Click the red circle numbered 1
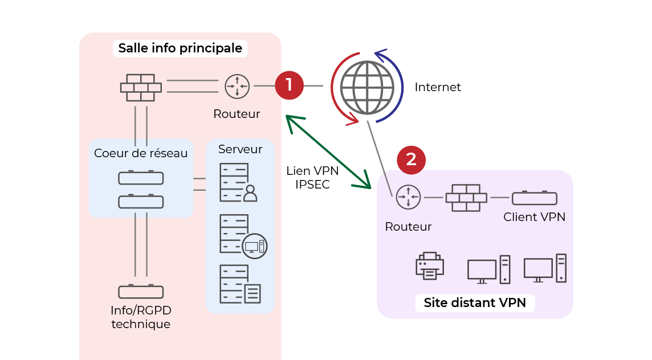(x=289, y=85)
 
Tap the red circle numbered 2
(x=411, y=160)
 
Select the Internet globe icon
(x=367, y=87)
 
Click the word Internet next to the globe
(x=437, y=87)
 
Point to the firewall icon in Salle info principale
(x=141, y=87)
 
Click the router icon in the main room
(x=237, y=87)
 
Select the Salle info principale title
(x=180, y=48)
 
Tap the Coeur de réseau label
(x=141, y=153)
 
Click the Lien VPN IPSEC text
(x=312, y=177)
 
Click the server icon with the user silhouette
(x=238, y=182)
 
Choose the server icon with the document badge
(x=240, y=284)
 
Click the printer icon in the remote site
(x=430, y=266)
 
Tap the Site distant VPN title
(x=474, y=302)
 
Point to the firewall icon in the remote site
(x=466, y=197)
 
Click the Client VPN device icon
(x=534, y=198)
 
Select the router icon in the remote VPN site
(x=408, y=197)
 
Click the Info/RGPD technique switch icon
(x=141, y=292)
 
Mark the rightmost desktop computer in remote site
(x=545, y=268)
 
